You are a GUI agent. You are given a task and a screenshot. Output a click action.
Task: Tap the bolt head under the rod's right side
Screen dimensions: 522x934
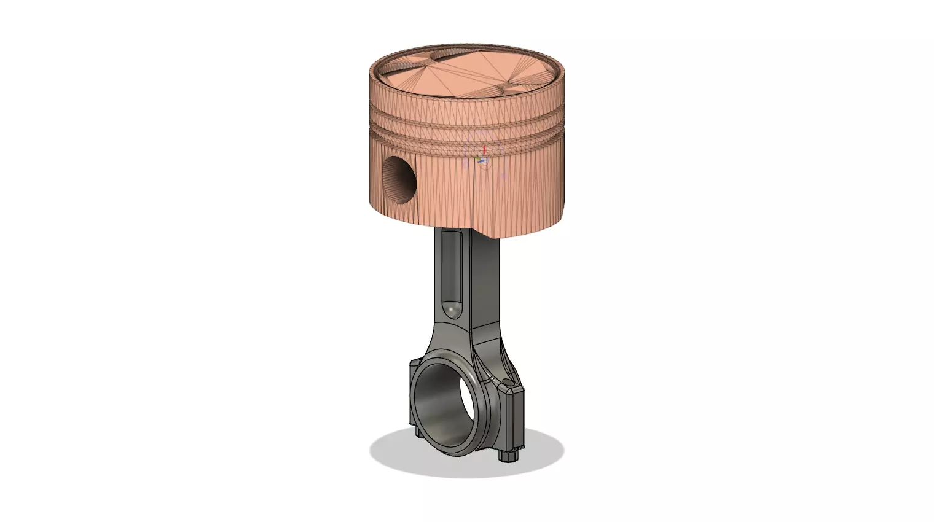tap(509, 456)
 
